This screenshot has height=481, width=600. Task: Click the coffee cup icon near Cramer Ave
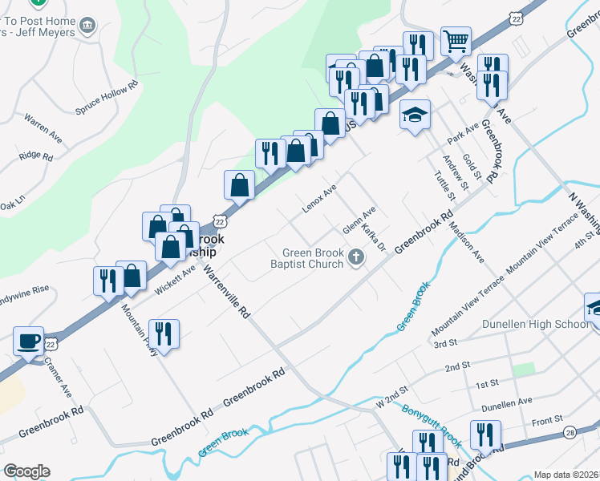(x=29, y=341)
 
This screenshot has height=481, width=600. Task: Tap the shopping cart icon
(x=456, y=40)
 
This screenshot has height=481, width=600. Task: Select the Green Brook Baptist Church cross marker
(x=356, y=257)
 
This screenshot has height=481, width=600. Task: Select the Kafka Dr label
(x=375, y=237)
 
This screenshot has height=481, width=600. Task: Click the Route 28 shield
(x=570, y=432)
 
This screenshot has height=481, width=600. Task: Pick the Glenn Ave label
(x=359, y=222)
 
